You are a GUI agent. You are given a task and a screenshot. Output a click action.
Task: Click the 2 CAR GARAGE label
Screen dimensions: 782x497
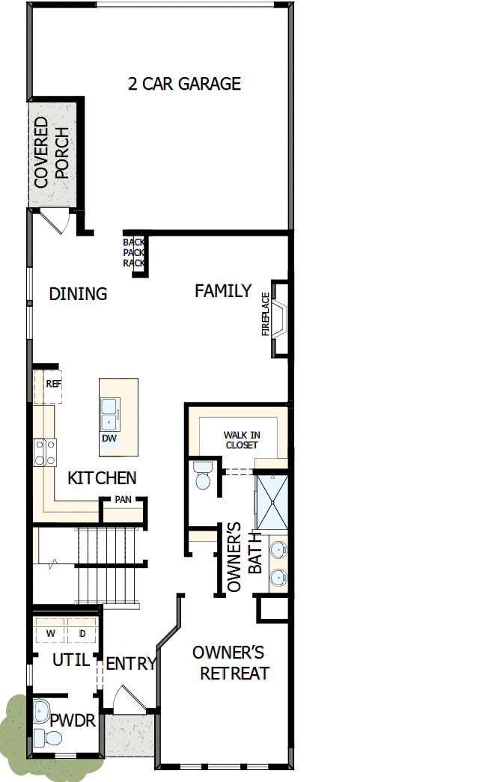184,83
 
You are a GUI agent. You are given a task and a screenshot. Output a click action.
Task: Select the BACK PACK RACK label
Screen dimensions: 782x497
134,252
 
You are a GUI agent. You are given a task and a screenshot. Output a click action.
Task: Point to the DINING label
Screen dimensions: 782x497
78,294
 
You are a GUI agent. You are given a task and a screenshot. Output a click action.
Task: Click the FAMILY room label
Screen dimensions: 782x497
223,291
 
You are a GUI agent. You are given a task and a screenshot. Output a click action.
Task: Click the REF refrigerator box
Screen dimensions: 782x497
52,384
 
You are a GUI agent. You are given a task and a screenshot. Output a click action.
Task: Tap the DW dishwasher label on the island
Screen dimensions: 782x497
109,439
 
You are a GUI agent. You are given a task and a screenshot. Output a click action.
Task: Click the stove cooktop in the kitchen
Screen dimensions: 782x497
44,451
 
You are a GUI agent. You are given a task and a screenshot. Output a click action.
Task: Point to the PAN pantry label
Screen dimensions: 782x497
123,499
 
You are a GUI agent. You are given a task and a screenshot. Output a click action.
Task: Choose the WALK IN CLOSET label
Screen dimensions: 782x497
241,440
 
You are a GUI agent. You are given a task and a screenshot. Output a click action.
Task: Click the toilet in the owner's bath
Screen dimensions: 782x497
202,476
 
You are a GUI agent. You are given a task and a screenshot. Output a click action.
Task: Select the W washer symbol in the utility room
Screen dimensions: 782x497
51,633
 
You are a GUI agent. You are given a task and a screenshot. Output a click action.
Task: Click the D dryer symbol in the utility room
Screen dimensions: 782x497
82,633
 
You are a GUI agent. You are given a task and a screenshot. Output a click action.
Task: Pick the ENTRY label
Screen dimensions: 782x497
130,664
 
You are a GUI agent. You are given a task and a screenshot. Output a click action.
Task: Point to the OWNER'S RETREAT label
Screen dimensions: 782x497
233,663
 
